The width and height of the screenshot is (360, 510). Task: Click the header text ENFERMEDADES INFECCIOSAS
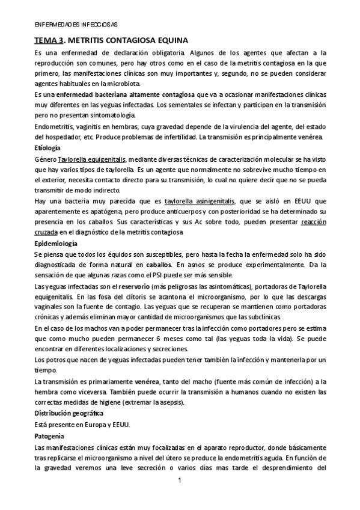point(75,25)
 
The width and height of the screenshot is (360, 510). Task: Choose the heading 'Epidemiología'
point(56,244)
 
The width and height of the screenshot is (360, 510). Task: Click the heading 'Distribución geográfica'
point(69,414)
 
